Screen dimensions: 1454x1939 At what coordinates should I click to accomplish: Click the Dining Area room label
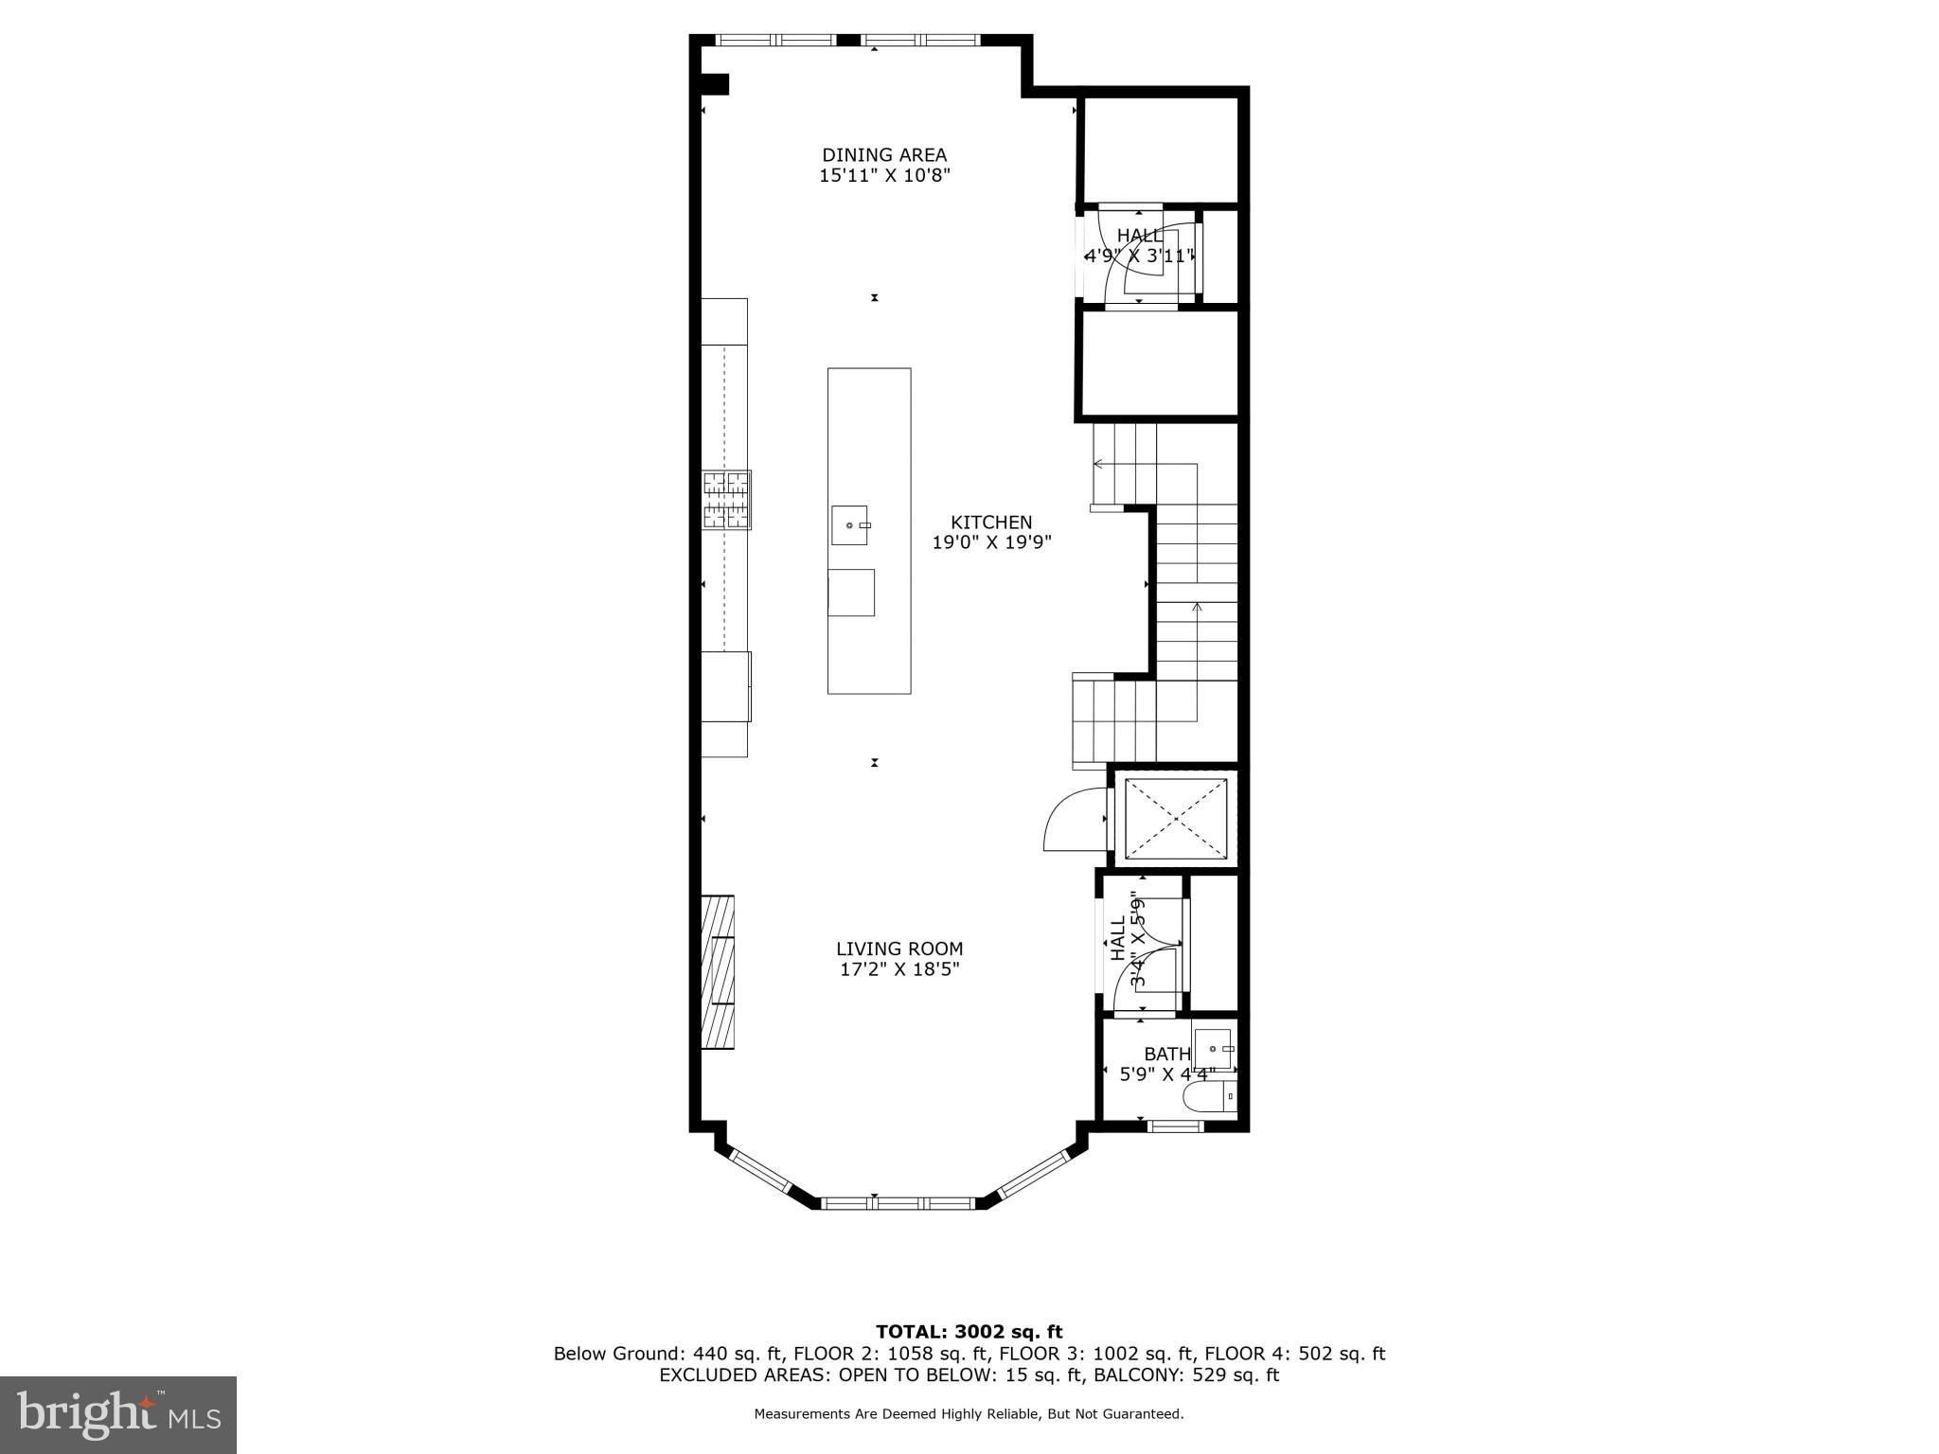pos(883,154)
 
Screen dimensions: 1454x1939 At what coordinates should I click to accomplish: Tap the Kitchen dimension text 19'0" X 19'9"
pos(991,542)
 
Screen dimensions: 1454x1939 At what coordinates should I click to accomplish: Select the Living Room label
pos(898,949)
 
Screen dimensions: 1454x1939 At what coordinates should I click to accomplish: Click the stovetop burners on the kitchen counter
pos(726,500)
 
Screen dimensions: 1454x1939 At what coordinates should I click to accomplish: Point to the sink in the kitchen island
pos(849,525)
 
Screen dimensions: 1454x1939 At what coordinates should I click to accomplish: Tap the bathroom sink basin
pos(1213,1049)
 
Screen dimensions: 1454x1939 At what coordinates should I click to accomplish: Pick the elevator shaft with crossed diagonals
pos(1175,818)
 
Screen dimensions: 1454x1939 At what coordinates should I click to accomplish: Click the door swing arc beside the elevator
pos(1073,821)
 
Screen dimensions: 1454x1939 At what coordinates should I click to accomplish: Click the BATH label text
pos(1166,1054)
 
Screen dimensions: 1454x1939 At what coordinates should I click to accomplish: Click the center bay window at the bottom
pos(897,1203)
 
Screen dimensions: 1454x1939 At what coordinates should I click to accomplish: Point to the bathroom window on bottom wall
pos(1175,1126)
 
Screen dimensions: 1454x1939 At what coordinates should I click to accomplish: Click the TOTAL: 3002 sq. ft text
pos(969,1332)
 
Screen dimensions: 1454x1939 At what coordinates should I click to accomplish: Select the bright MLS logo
pos(118,1414)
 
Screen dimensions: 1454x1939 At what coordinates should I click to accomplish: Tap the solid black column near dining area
pos(714,84)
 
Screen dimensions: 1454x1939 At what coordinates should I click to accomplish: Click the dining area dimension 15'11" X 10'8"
pos(883,175)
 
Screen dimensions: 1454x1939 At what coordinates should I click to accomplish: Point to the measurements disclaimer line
pos(969,1414)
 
